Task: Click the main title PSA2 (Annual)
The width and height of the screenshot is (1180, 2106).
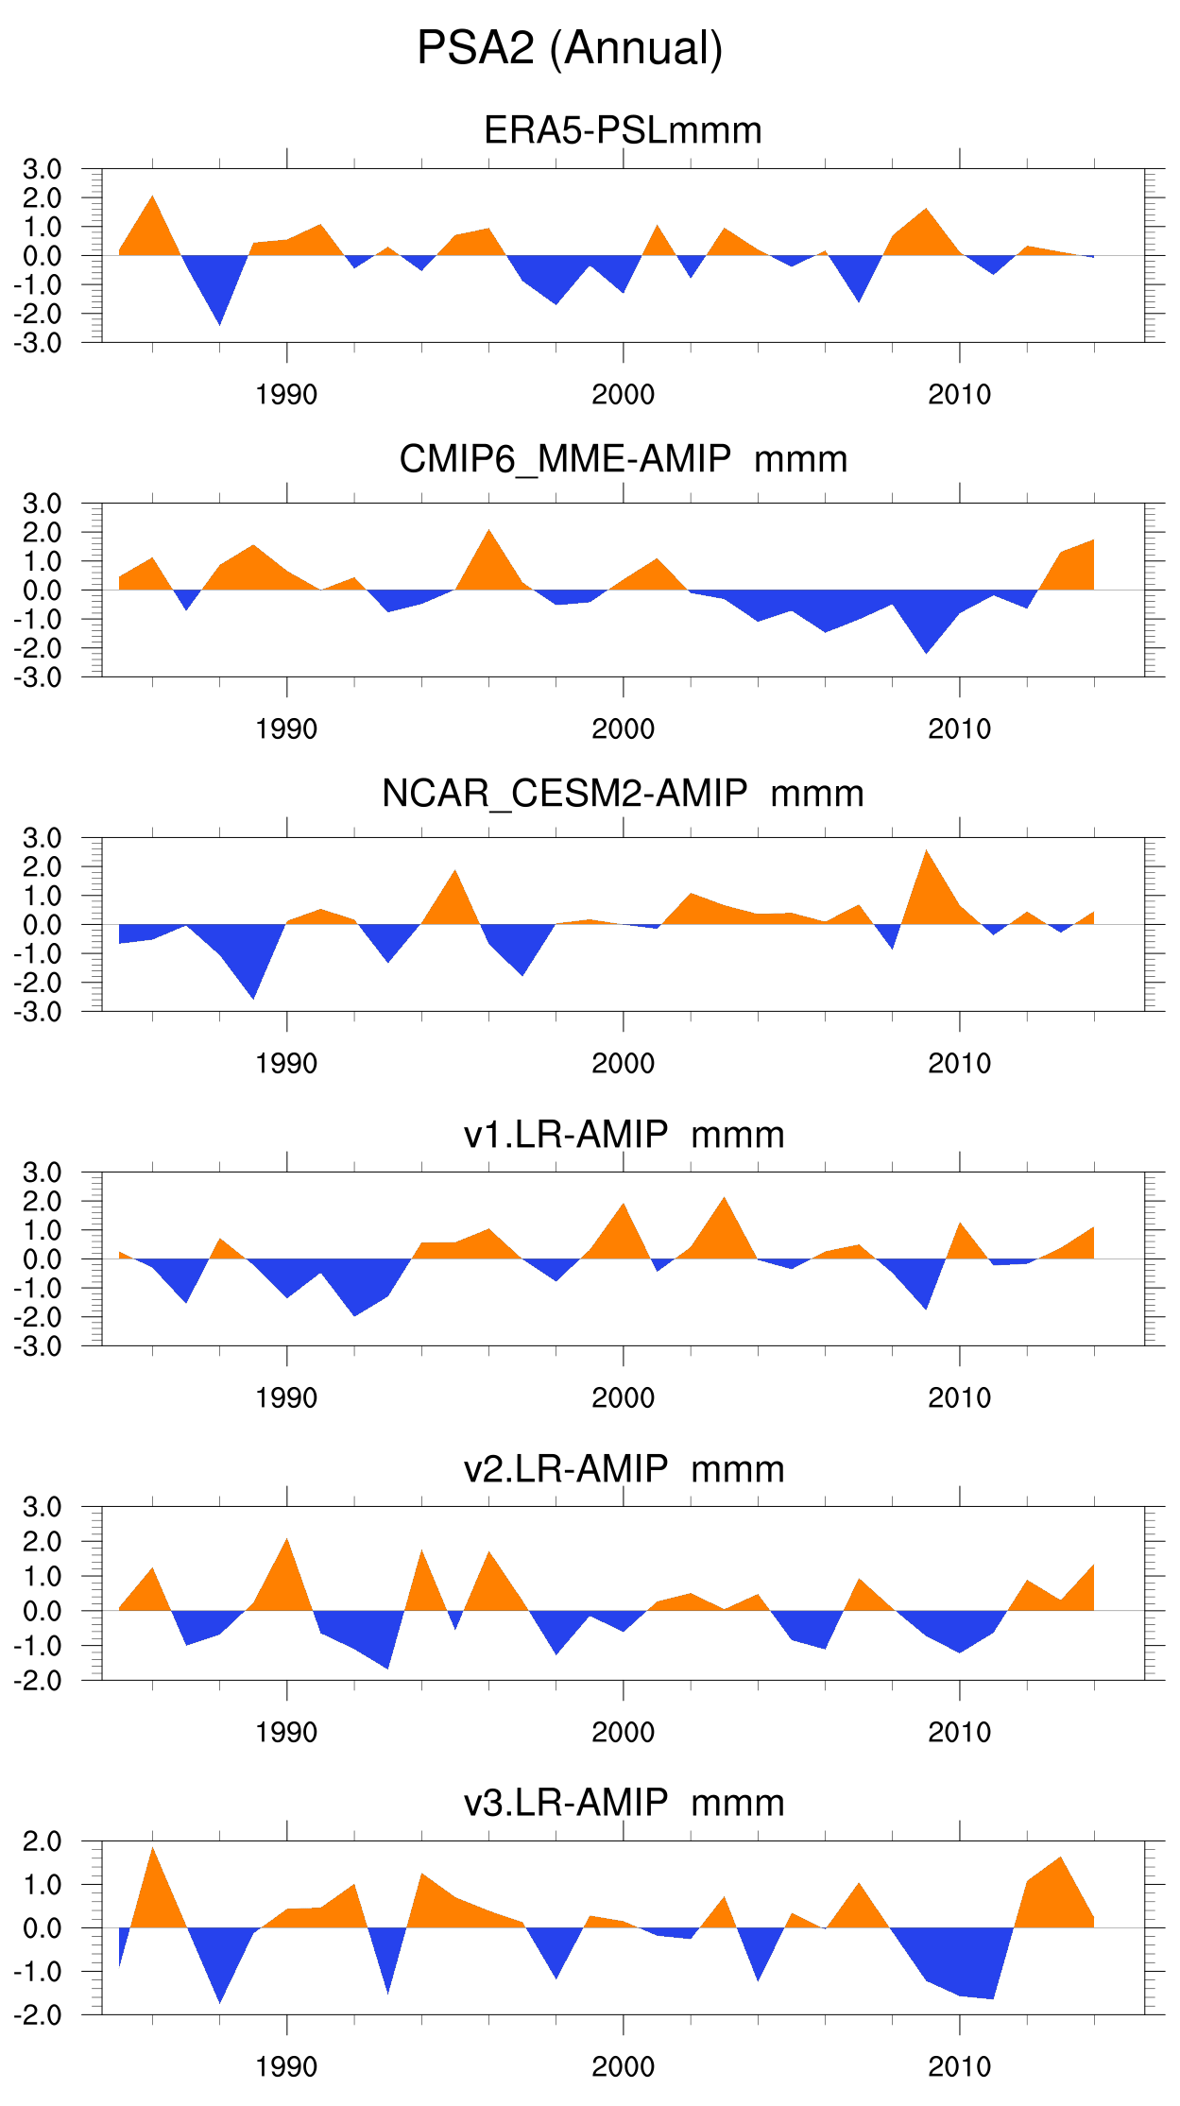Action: point(570,48)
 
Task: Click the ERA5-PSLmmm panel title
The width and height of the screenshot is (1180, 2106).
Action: point(623,130)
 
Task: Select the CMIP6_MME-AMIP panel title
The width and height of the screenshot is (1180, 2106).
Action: point(623,459)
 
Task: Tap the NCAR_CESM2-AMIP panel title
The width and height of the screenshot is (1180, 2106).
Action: point(623,794)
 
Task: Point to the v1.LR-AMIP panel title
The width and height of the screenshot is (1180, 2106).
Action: point(623,1135)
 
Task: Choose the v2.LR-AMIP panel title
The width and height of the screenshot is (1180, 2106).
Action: point(623,1469)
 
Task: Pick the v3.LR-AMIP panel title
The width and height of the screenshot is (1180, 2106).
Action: point(623,1803)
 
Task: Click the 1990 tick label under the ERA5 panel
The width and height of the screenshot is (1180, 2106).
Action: point(286,395)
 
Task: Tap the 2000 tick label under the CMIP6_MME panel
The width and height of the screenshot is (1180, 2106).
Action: point(623,729)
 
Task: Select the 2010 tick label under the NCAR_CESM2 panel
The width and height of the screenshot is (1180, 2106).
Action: point(959,1064)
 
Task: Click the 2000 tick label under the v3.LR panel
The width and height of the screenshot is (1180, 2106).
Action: point(623,2066)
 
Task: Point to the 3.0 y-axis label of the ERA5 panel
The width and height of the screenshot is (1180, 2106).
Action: point(43,170)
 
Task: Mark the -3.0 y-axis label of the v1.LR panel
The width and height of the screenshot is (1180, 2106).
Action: point(38,1346)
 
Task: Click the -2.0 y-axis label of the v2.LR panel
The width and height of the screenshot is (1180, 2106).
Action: point(38,1681)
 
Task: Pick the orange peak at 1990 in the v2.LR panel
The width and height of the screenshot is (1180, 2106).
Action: point(286,1550)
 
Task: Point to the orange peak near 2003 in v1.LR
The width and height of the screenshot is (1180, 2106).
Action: point(725,1208)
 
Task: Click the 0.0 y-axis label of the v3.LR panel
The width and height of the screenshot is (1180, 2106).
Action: point(43,1928)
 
